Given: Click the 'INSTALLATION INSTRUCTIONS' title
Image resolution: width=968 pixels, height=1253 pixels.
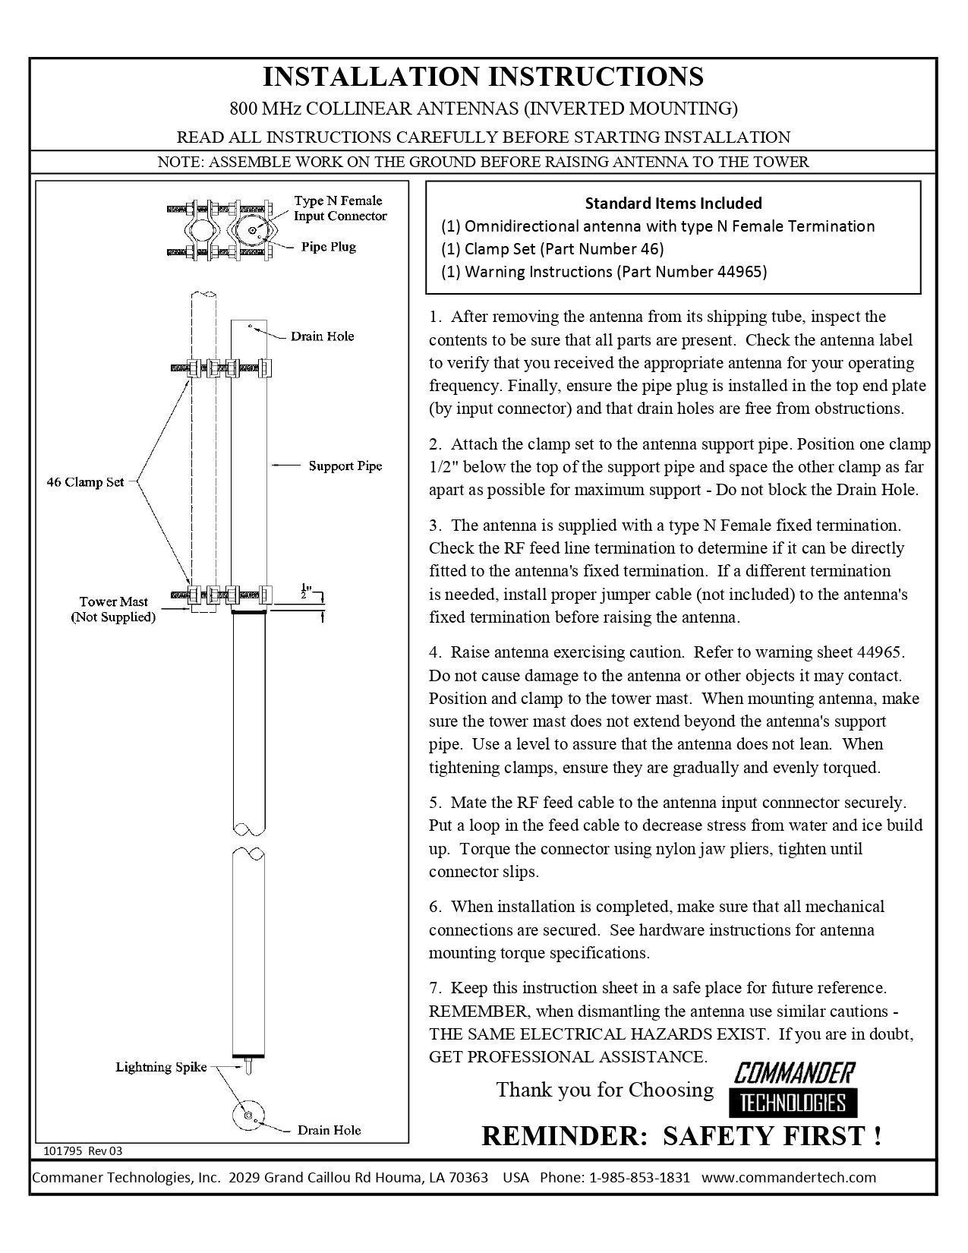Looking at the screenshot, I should coord(483,77).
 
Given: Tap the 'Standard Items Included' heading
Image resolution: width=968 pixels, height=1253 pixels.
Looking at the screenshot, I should coord(673,203).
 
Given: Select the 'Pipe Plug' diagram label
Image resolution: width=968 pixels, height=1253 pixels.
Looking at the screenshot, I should coord(328,247).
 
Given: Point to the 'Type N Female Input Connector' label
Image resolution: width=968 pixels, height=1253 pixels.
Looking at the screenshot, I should coord(339,208).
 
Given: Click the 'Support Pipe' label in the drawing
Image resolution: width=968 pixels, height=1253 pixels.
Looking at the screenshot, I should coord(345,466).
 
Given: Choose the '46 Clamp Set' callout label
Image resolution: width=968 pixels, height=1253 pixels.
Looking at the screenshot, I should coord(85,481).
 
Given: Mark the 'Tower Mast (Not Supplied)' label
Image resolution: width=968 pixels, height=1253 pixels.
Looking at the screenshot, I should coord(113,609).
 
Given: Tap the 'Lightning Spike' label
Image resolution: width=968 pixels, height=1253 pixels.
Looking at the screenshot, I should coord(161,1067).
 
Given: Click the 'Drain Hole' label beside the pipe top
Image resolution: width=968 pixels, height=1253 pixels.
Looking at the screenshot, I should coord(322,336).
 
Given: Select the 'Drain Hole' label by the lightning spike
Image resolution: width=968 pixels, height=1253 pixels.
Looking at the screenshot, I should coord(329,1130).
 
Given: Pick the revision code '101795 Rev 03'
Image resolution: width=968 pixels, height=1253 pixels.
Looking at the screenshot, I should coord(82,1150).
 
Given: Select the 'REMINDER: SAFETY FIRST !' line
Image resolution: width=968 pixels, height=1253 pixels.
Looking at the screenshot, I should coord(681,1136).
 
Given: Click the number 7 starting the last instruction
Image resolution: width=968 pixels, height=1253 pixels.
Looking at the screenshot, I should coord(434,988).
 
